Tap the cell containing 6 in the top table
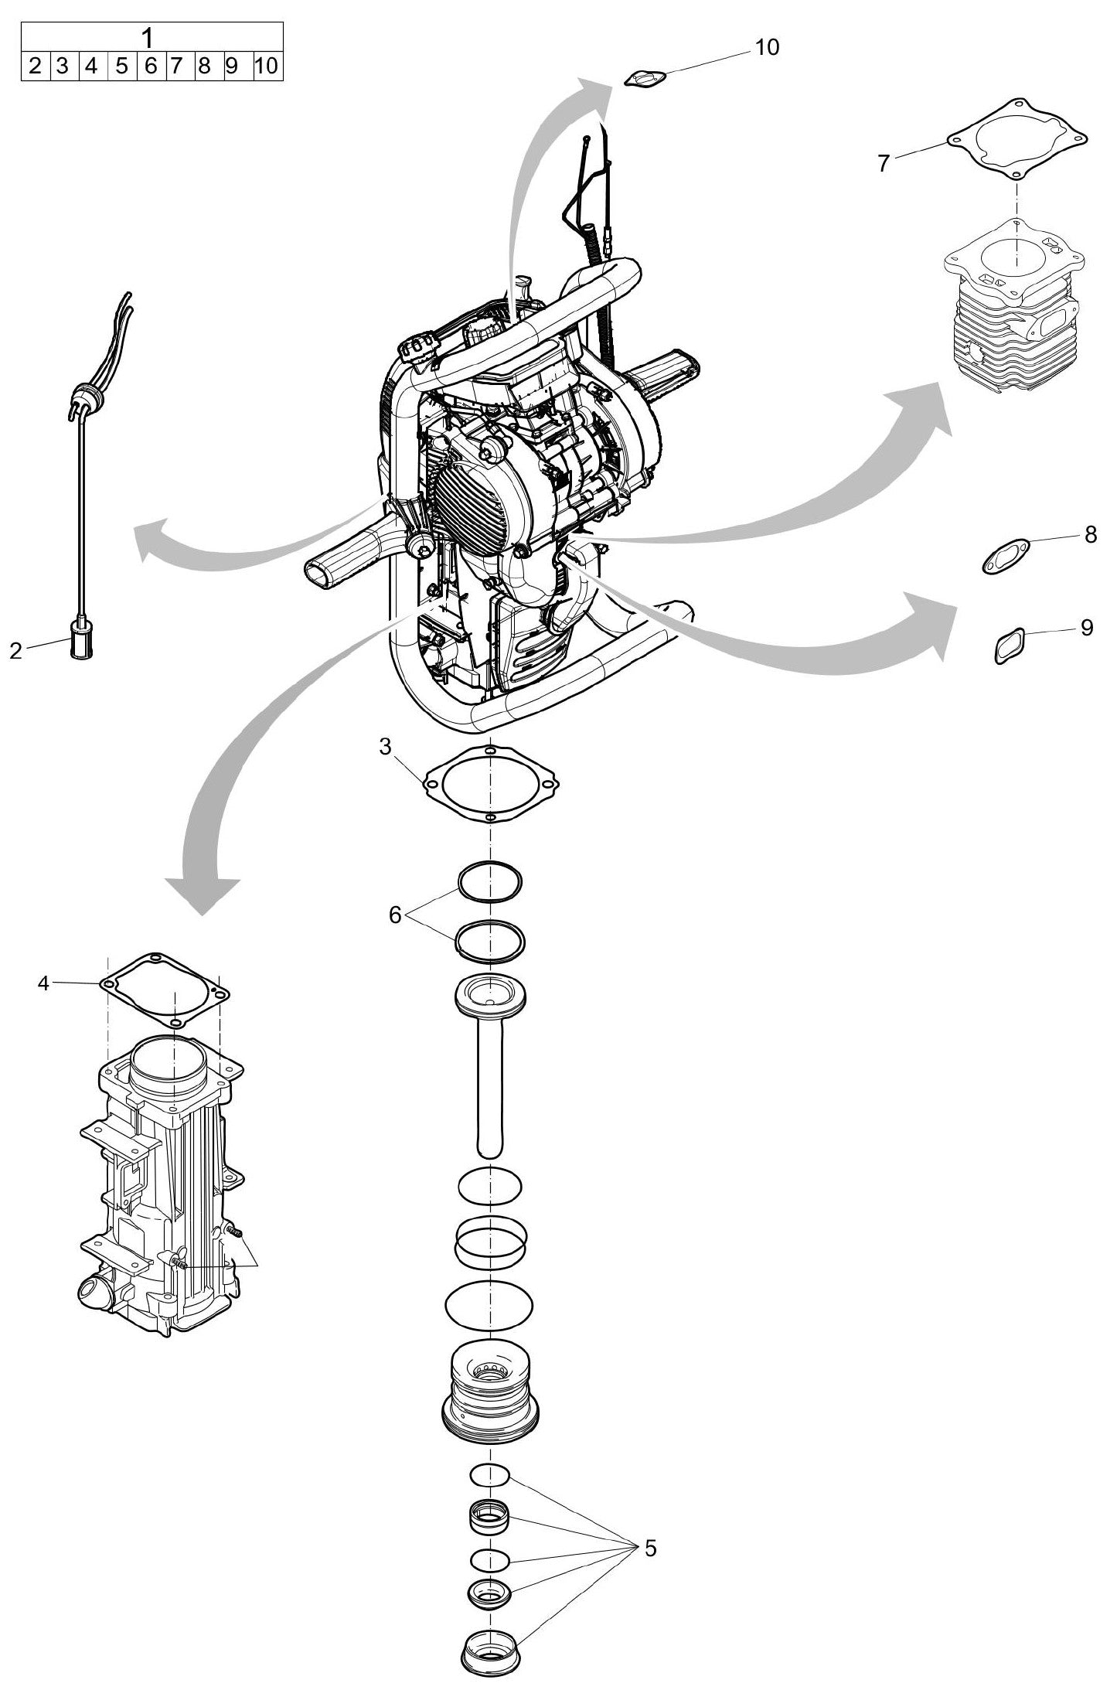tap(151, 66)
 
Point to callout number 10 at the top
tap(767, 47)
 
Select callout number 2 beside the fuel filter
tap(16, 651)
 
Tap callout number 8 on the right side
tap(1090, 534)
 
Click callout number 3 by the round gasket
tap(386, 747)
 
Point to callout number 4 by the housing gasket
tap(43, 983)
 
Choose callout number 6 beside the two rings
tap(395, 915)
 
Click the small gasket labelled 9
tap(1009, 645)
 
